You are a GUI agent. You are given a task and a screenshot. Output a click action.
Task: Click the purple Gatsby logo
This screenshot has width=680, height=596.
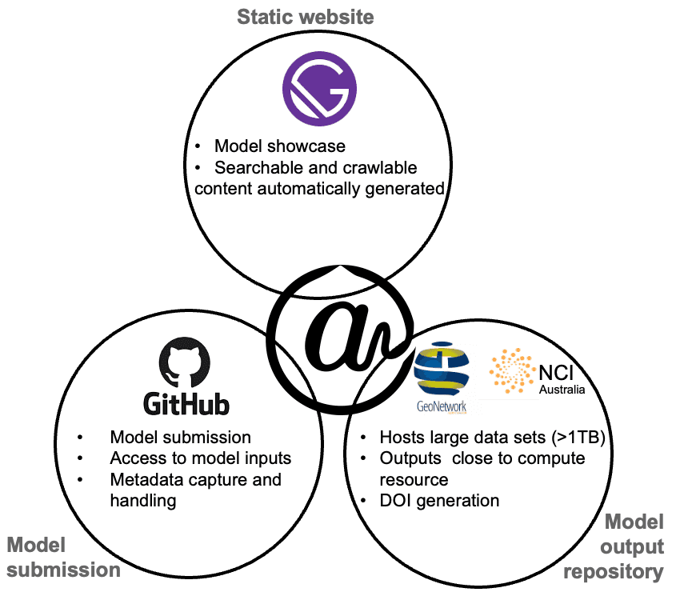[x=319, y=86]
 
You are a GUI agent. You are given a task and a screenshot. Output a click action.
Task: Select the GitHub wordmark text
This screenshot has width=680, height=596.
[x=186, y=403]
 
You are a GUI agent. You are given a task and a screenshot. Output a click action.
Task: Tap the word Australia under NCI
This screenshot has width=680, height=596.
[x=562, y=390]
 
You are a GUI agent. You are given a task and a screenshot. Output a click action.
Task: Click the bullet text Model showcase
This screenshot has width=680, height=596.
[x=279, y=146]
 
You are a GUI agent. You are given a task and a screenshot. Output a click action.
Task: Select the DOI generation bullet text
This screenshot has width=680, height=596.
[x=439, y=501]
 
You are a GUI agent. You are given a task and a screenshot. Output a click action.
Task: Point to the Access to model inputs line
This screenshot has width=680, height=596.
[x=200, y=458]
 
